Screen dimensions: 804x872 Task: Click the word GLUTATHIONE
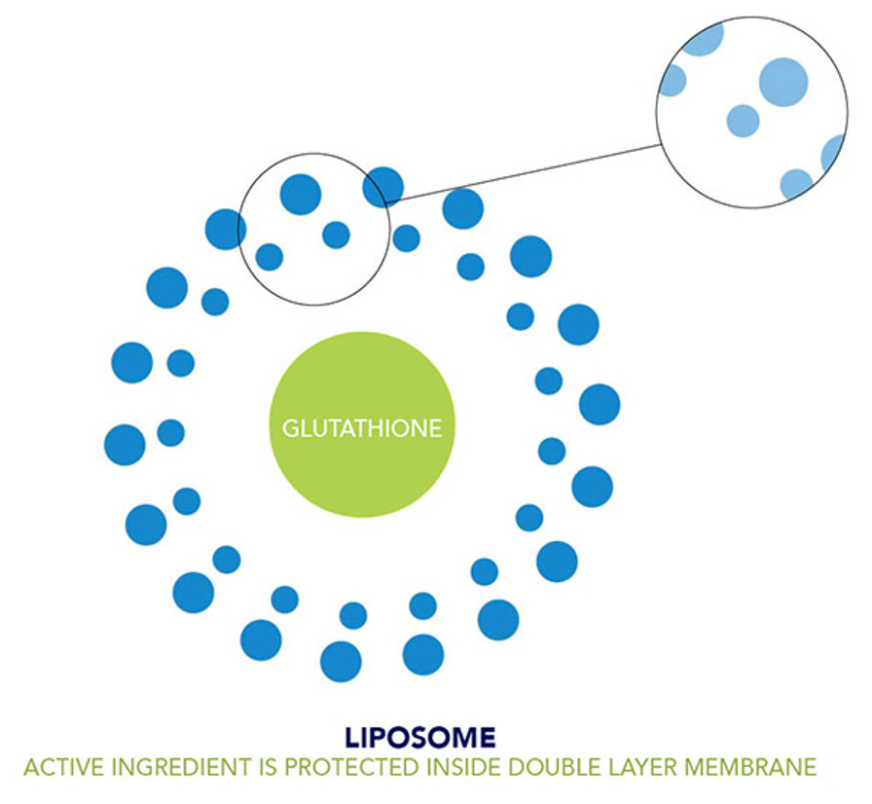361,428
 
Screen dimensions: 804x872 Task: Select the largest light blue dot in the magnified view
783,81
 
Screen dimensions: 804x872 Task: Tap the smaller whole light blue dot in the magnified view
743,121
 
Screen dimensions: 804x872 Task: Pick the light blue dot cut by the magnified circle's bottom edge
796,185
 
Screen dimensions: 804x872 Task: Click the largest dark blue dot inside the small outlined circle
301,194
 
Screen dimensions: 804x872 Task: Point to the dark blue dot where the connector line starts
383,186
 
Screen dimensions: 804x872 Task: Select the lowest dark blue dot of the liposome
341,662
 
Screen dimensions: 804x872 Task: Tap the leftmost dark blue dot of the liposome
125,445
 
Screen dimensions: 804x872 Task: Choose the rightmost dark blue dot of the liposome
599,404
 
